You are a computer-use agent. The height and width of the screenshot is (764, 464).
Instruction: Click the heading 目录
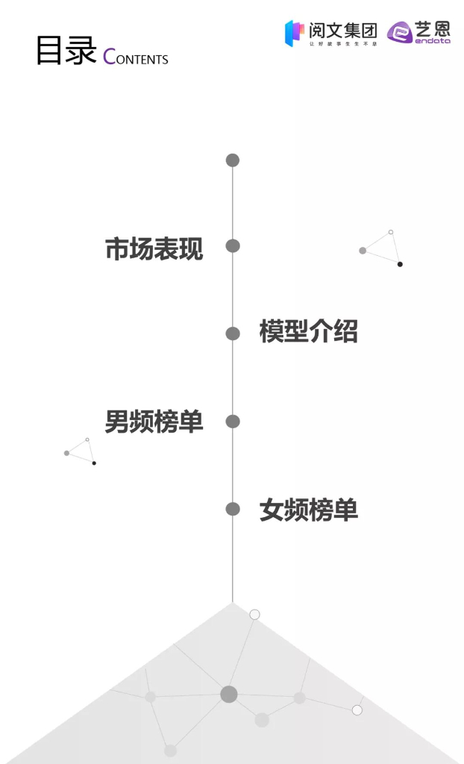point(66,51)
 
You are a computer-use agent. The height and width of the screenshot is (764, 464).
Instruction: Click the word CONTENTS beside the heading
point(136,57)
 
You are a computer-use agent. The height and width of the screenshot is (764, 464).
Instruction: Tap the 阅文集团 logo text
point(343,31)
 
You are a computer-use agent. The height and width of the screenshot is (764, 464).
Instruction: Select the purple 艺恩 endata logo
point(419,32)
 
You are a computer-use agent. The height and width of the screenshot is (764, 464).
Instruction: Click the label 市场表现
point(154,248)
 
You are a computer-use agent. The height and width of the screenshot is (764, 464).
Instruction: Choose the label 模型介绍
point(309,331)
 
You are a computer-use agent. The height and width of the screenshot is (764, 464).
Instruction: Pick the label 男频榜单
point(154,422)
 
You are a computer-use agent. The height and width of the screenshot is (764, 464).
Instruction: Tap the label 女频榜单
point(309,510)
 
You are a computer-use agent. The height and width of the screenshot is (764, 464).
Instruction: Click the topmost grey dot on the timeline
point(233,160)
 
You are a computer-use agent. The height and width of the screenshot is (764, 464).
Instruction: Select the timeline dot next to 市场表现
point(233,246)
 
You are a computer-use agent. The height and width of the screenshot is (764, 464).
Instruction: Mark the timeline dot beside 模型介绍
point(233,334)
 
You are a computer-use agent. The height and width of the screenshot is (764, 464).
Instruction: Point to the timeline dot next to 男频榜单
point(233,422)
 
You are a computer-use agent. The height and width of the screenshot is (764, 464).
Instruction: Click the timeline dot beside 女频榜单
point(233,509)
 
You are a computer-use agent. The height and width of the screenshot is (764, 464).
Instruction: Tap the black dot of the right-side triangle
point(400,264)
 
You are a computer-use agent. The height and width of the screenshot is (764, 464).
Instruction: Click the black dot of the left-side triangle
point(94,463)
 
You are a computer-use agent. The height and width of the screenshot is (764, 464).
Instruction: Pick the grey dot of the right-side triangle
point(363,251)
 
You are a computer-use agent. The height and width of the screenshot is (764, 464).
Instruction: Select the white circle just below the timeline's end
point(254,615)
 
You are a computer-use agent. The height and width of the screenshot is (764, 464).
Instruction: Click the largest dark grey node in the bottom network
point(229,695)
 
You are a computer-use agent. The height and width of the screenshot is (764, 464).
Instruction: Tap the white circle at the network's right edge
point(357,710)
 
